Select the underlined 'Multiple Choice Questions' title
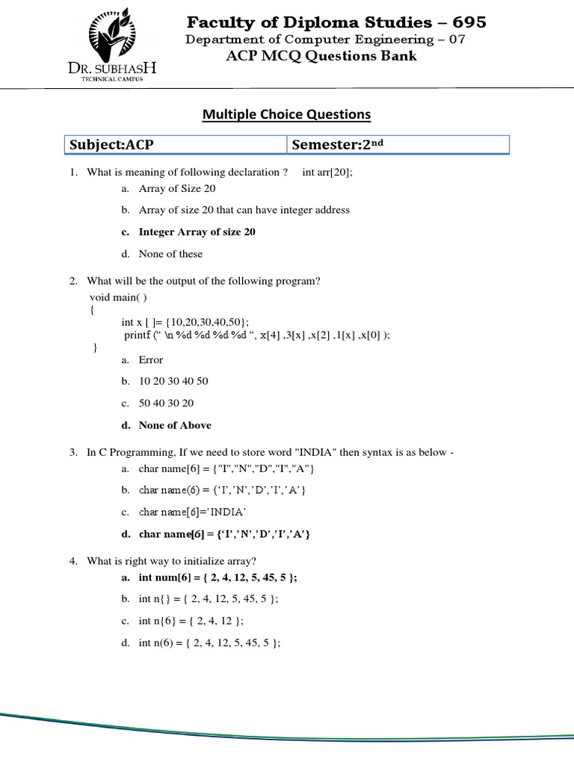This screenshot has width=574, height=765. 287,114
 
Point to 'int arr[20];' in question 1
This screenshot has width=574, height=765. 327,172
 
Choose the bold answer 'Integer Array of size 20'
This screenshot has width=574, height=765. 197,232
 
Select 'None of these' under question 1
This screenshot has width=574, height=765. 170,254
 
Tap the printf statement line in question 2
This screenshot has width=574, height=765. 256,335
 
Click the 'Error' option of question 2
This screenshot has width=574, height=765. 150,360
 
